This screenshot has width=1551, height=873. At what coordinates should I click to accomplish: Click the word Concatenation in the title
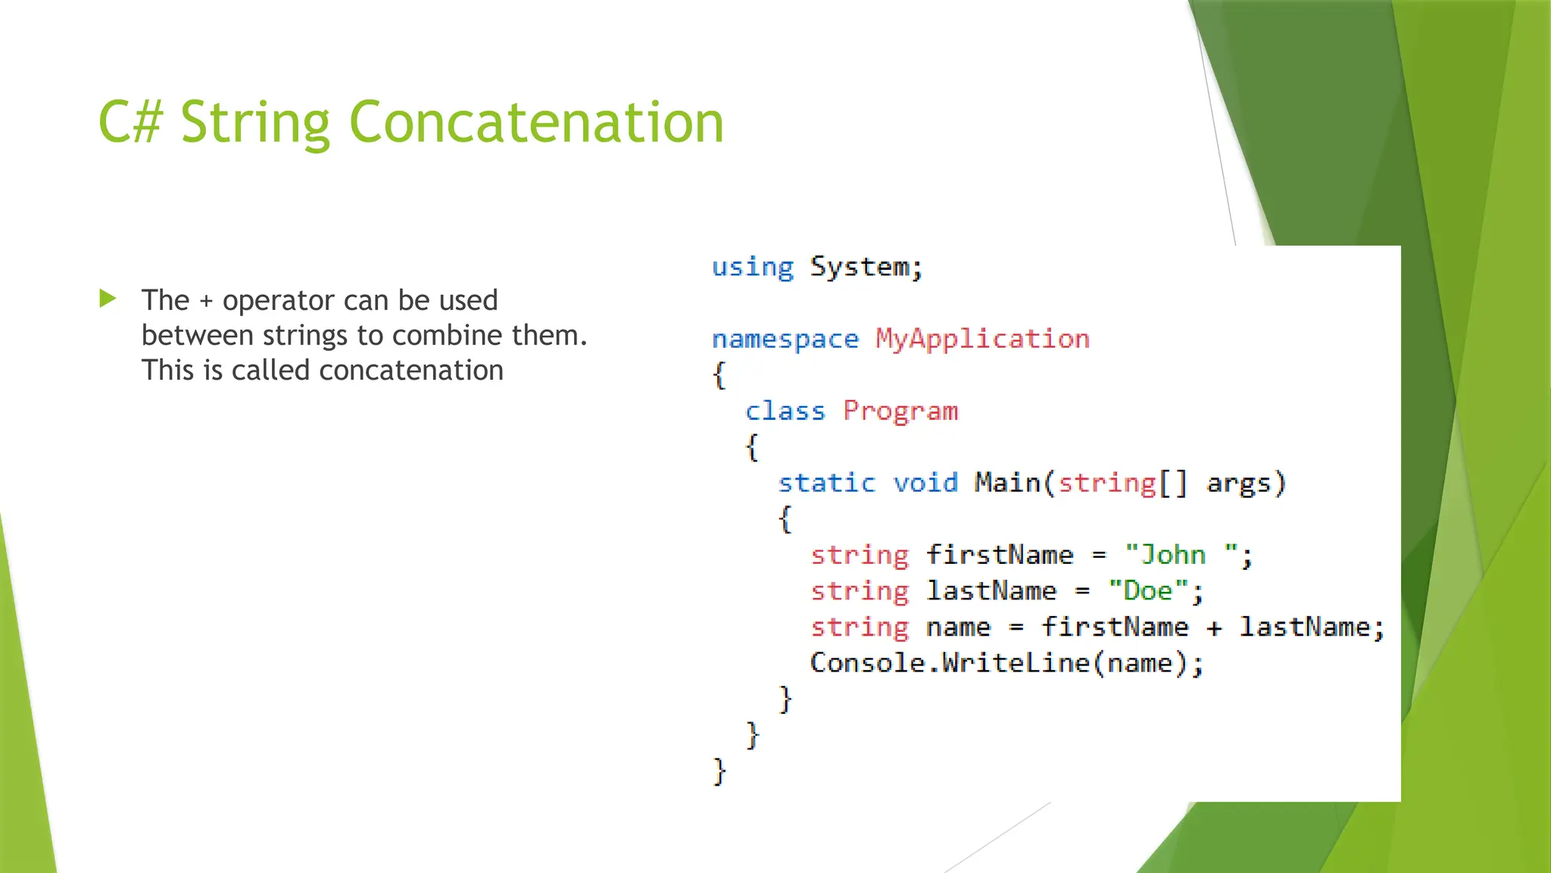coord(536,122)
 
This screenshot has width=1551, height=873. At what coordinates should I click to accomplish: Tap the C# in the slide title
coord(130,122)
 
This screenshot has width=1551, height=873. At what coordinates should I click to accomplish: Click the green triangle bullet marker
coord(108,299)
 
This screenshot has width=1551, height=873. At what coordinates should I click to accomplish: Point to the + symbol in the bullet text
coord(206,302)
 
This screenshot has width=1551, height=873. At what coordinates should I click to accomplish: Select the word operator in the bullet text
coord(278,302)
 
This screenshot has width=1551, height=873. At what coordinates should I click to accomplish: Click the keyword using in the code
coord(752,268)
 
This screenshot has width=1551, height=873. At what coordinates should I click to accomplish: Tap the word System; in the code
coord(866,268)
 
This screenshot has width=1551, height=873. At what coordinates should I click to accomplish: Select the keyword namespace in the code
coord(785,339)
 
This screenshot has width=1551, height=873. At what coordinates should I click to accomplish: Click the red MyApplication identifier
coord(982,339)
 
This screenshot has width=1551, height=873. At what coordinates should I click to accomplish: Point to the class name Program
coord(900,411)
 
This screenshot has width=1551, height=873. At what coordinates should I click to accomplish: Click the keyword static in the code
coord(826,483)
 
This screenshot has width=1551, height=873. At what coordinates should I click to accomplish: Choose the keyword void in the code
coord(925,483)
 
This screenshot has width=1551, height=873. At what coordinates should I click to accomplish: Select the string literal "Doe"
coord(1147,591)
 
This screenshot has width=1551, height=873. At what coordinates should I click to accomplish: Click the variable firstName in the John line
coord(1000,555)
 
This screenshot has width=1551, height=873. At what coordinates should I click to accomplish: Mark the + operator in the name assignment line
coord(1214,628)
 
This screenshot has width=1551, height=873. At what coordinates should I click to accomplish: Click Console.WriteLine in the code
coord(950,664)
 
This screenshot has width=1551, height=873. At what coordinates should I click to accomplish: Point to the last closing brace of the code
coord(719,771)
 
